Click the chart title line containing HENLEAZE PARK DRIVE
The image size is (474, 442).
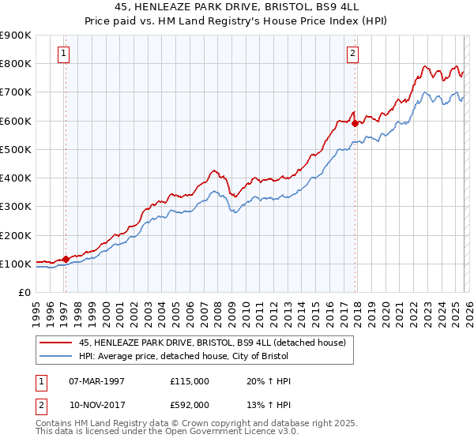237,8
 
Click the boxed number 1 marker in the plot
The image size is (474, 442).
63,54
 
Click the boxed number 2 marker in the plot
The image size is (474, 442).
352,54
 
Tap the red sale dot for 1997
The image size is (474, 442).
66,259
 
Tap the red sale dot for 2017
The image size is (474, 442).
355,123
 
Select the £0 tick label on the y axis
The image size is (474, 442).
24,292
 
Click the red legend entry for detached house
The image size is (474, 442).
212,343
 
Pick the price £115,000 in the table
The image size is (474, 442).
190,381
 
